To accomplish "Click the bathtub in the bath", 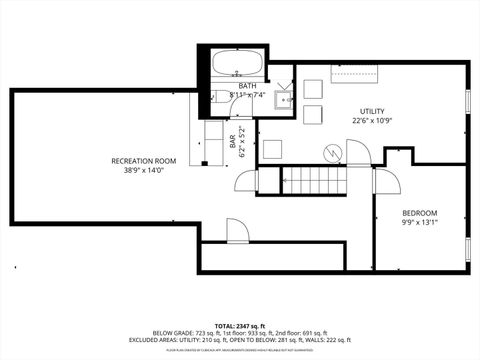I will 236,66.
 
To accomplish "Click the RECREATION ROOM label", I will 143,161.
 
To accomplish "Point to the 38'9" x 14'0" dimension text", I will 143,170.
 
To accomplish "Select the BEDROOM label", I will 420,213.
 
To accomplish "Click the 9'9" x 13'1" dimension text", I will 420,223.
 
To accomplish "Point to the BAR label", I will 232,146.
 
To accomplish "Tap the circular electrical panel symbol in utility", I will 330,152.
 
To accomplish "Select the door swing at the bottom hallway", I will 236,231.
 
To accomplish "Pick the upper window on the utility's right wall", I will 468,102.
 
